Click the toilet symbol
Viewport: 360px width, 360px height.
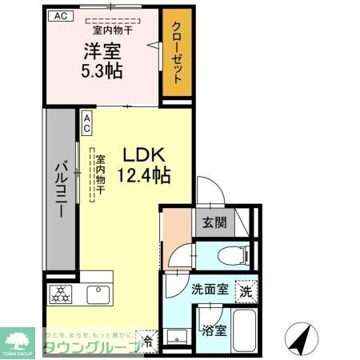tap(230, 255)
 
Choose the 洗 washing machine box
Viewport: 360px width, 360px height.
tap(245, 292)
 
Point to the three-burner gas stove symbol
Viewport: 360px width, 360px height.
tap(61, 294)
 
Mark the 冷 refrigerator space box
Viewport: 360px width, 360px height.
tap(146, 339)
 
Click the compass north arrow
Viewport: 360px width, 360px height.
tap(301, 339)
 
